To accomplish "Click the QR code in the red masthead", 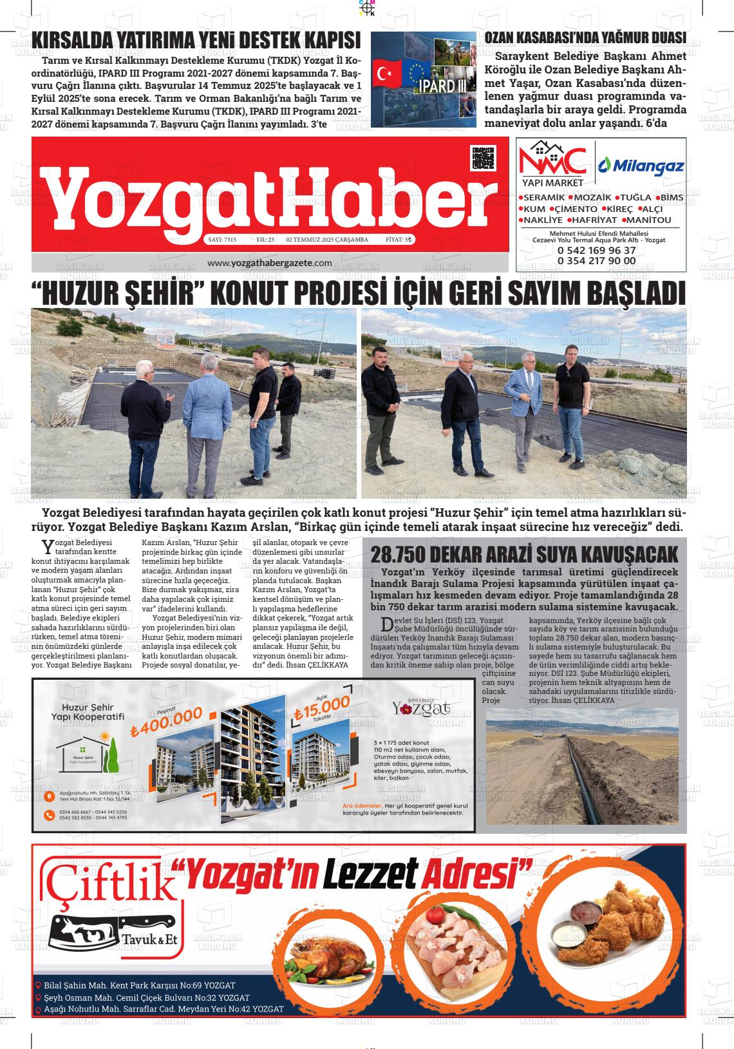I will click(484, 157).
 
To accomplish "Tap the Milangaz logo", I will click(641, 166).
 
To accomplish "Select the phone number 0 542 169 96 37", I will click(597, 250).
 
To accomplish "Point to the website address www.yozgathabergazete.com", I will click(270, 263).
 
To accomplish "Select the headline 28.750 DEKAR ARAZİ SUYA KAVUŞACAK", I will click(525, 555).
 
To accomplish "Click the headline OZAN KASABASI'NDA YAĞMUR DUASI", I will click(585, 38).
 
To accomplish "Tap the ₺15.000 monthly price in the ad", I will click(321, 708).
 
